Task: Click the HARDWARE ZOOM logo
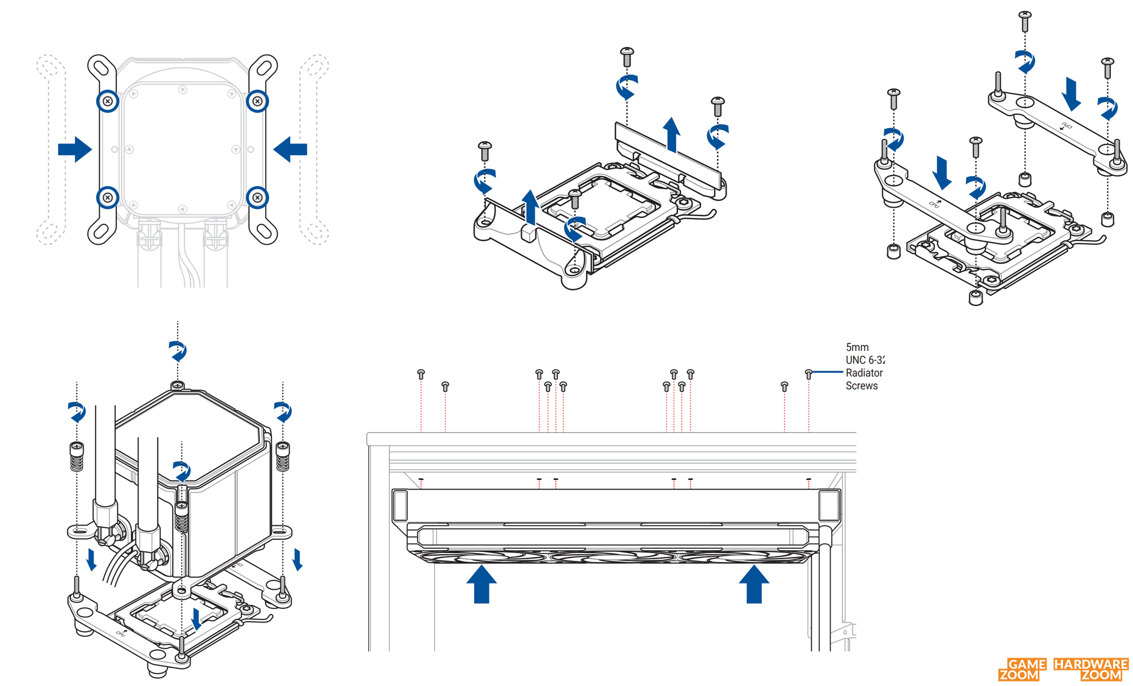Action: [x=1091, y=669]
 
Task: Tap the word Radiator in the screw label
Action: [x=864, y=372]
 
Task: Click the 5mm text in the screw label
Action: [x=857, y=347]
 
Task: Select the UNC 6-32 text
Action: [x=864, y=360]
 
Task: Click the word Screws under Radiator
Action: [x=862, y=385]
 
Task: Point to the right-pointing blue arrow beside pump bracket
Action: [x=75, y=149]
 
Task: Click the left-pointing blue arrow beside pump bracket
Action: [x=290, y=149]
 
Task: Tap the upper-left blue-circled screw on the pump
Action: [x=108, y=101]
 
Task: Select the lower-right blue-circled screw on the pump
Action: [x=257, y=198]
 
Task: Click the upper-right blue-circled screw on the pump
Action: [x=257, y=101]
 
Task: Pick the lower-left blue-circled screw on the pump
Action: [x=108, y=198]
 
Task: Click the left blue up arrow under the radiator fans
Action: [x=482, y=584]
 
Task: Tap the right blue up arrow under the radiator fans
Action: [x=754, y=584]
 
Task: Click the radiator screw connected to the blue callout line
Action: [x=808, y=374]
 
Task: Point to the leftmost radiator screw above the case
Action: [x=421, y=374]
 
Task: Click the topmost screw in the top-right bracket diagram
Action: [x=1025, y=21]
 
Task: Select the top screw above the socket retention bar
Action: [x=627, y=57]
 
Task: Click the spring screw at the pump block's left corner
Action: [x=76, y=455]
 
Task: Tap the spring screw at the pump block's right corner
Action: [x=283, y=455]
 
